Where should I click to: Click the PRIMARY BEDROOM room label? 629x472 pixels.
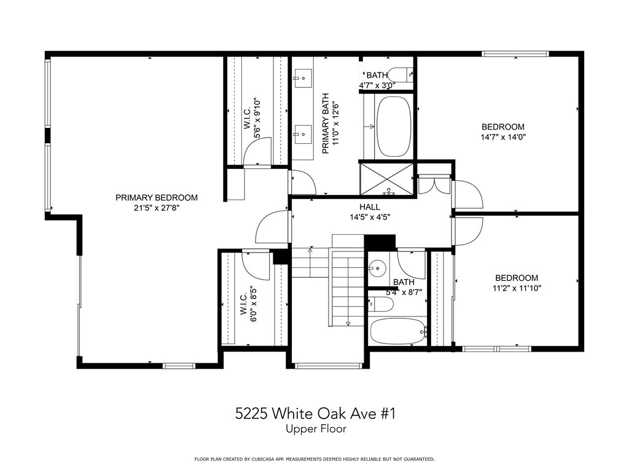click(157, 197)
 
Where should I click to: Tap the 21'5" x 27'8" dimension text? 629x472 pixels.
click(157, 208)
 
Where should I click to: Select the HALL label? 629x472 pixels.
click(369, 207)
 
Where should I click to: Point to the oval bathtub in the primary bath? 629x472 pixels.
click(394, 127)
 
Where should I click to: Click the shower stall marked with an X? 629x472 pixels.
click(387, 179)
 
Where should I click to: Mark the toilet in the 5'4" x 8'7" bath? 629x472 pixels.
click(380, 304)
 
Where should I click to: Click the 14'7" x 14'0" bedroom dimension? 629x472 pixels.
click(503, 137)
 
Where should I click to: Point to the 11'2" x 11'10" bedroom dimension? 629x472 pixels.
click(517, 288)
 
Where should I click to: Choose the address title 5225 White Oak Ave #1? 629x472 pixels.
click(315, 414)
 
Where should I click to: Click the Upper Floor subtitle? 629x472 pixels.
click(316, 428)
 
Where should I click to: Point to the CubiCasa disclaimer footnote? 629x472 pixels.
click(314, 459)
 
